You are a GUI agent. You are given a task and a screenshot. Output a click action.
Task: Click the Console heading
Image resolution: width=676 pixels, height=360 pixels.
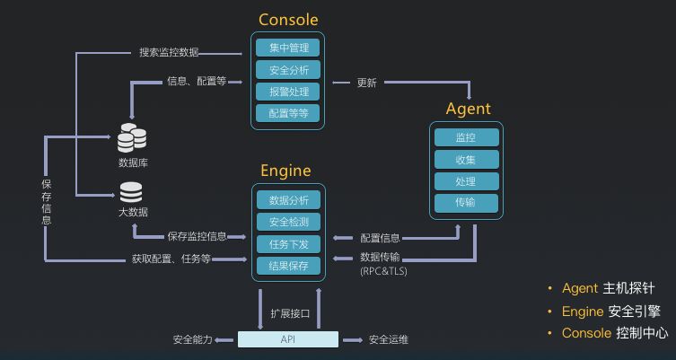[288, 20]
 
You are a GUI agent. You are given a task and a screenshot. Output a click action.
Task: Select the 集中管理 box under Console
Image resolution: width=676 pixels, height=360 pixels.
[288, 48]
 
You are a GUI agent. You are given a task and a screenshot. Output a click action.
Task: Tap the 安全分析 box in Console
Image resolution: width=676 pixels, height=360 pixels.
[288, 70]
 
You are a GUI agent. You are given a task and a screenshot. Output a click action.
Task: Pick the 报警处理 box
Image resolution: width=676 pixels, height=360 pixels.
[288, 92]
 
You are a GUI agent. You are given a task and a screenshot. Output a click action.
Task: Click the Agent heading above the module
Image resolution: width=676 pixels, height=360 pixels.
[468, 109]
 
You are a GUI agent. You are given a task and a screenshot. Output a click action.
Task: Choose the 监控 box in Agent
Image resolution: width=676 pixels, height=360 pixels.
[466, 138]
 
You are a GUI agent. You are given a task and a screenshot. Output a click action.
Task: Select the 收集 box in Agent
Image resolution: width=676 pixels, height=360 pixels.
[466, 160]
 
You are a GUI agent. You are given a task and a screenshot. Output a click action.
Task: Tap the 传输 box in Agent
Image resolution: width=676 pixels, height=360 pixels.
[466, 203]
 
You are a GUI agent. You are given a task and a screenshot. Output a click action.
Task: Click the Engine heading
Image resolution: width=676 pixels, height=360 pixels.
[285, 171]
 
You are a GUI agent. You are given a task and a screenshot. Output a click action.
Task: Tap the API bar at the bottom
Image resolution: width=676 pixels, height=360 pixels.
[288, 339]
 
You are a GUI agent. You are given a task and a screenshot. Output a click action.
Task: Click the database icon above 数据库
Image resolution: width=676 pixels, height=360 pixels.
[132, 138]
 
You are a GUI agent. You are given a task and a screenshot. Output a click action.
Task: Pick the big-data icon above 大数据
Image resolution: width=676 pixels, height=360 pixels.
[132, 192]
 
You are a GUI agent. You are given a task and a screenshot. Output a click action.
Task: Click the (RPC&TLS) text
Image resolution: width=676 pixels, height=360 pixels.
[383, 270]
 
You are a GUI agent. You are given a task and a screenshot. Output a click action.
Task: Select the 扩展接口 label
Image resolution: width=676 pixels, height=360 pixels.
[289, 313]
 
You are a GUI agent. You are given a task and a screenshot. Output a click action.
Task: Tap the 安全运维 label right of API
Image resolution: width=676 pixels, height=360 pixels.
[388, 340]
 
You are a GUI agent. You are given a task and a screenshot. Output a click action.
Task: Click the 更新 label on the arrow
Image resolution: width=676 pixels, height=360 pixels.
[367, 83]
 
